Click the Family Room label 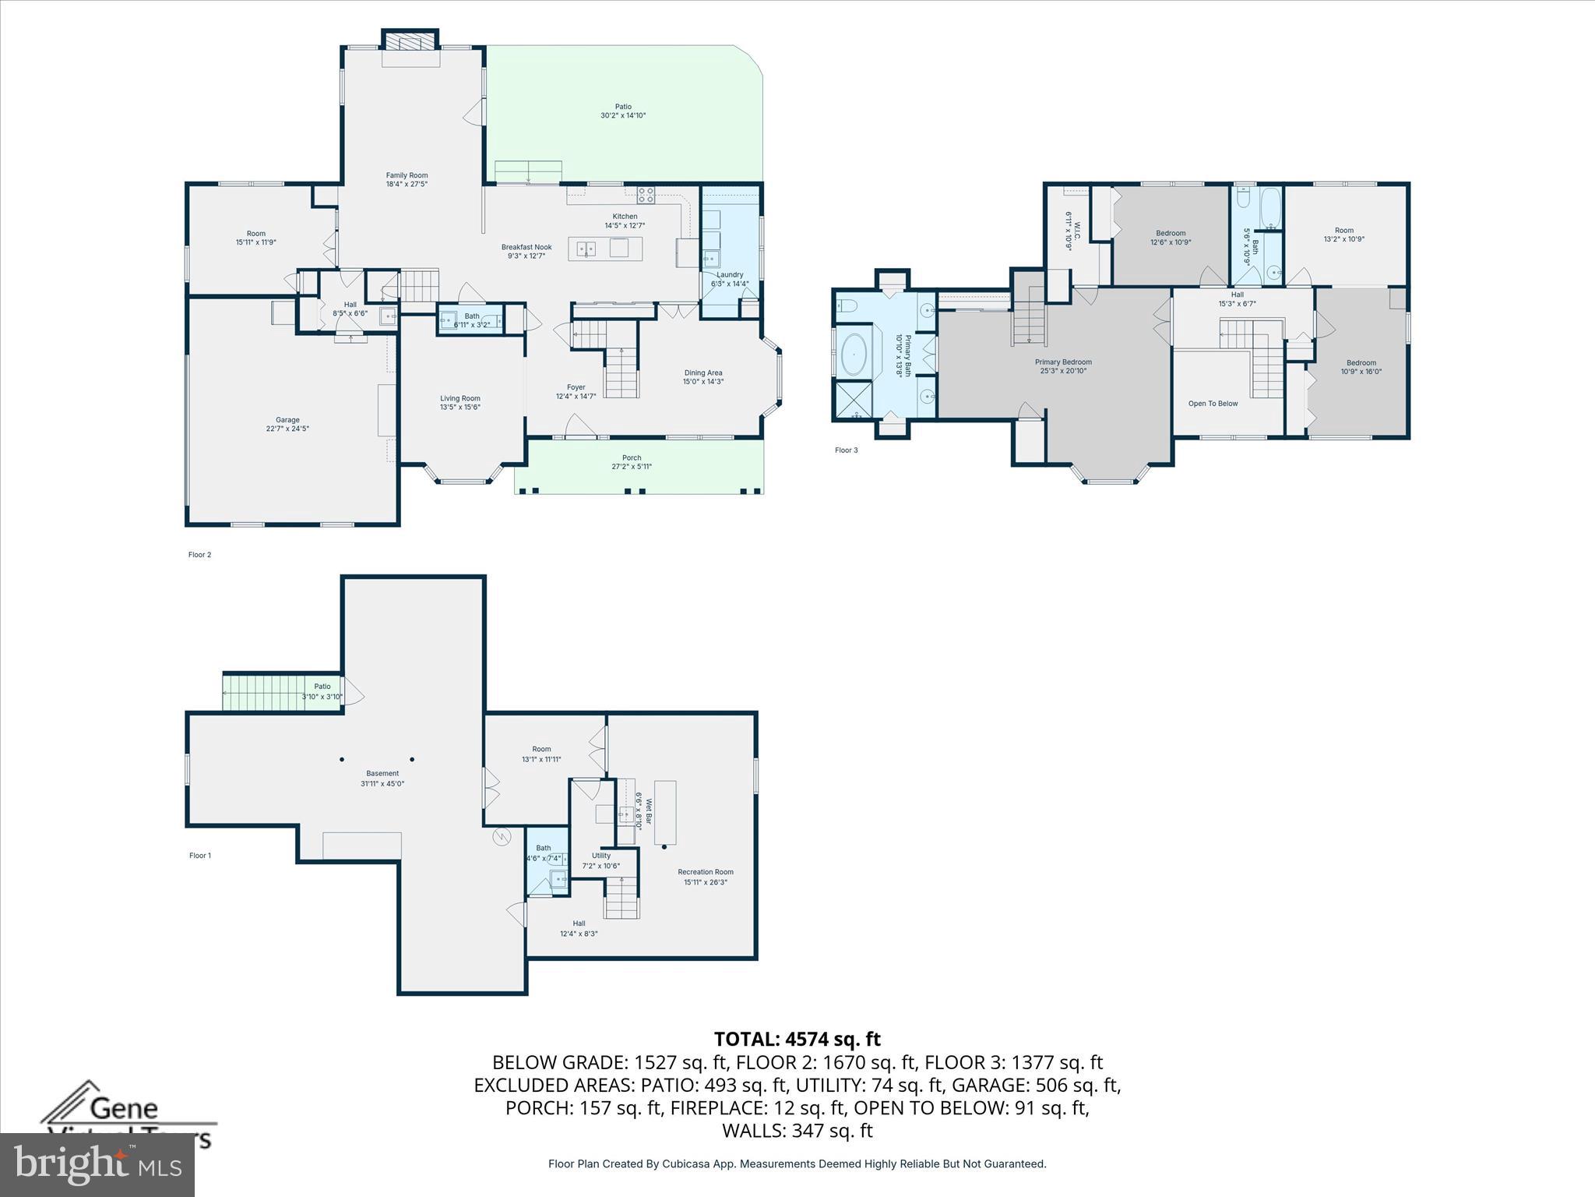[407, 176]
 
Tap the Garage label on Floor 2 [287, 420]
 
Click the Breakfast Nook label [526, 247]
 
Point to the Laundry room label [730, 274]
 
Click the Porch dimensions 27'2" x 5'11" [632, 467]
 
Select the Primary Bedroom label [1063, 362]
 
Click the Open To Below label [1213, 404]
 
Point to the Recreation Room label [706, 872]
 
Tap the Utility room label [601, 856]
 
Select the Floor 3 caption [846, 450]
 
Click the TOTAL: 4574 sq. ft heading [797, 1039]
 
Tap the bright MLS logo [97, 1165]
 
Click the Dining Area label [703, 373]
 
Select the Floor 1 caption [200, 856]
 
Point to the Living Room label [460, 398]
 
